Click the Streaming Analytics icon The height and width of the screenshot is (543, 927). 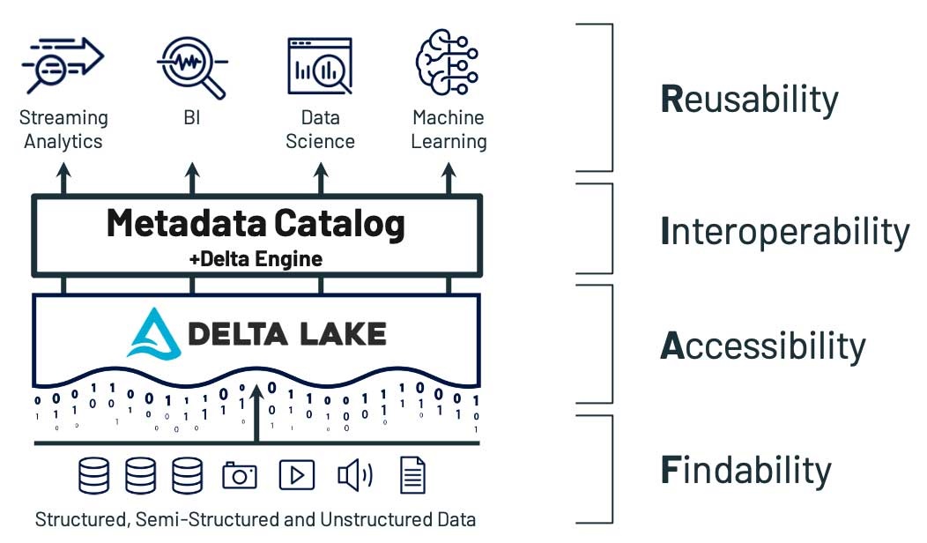63,64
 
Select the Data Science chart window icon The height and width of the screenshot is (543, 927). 320,64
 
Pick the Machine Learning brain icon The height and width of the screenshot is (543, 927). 447,62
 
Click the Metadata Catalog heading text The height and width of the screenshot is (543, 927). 256,223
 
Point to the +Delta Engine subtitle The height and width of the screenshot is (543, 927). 256,259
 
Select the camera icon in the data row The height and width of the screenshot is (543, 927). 239,476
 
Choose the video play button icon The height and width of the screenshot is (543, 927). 296,476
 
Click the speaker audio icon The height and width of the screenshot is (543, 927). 354,476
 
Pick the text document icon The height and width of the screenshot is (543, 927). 412,475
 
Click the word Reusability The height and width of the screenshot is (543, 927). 749,100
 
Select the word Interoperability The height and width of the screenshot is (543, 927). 784,232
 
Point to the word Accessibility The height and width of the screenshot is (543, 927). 763,346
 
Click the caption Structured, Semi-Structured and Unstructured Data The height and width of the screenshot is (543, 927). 256,519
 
